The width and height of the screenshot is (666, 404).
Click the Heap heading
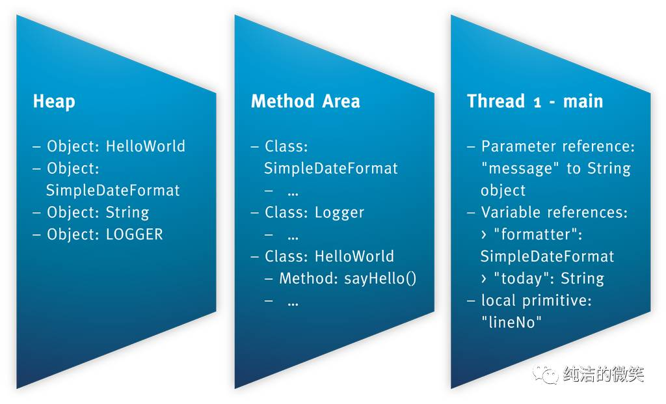[54, 101]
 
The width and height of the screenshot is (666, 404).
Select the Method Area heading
[305, 101]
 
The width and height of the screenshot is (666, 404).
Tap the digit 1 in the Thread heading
[537, 102]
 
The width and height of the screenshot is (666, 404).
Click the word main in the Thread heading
[583, 101]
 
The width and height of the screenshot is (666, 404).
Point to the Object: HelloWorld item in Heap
[115, 146]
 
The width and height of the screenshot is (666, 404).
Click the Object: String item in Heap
[98, 212]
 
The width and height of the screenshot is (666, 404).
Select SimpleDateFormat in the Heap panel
[113, 191]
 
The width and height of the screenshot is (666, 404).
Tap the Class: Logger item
[314, 212]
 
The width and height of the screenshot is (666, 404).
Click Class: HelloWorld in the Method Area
[329, 256]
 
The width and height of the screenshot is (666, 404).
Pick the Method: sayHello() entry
[347, 278]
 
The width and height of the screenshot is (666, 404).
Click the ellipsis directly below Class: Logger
[293, 236]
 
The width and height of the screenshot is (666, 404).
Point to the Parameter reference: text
[557, 146]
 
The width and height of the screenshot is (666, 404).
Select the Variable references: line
[554, 212]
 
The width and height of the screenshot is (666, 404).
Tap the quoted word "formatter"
[538, 234]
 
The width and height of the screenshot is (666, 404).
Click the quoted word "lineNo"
[511, 322]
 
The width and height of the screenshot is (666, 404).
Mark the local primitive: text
[535, 301]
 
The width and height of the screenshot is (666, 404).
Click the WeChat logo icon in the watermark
[545, 373]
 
